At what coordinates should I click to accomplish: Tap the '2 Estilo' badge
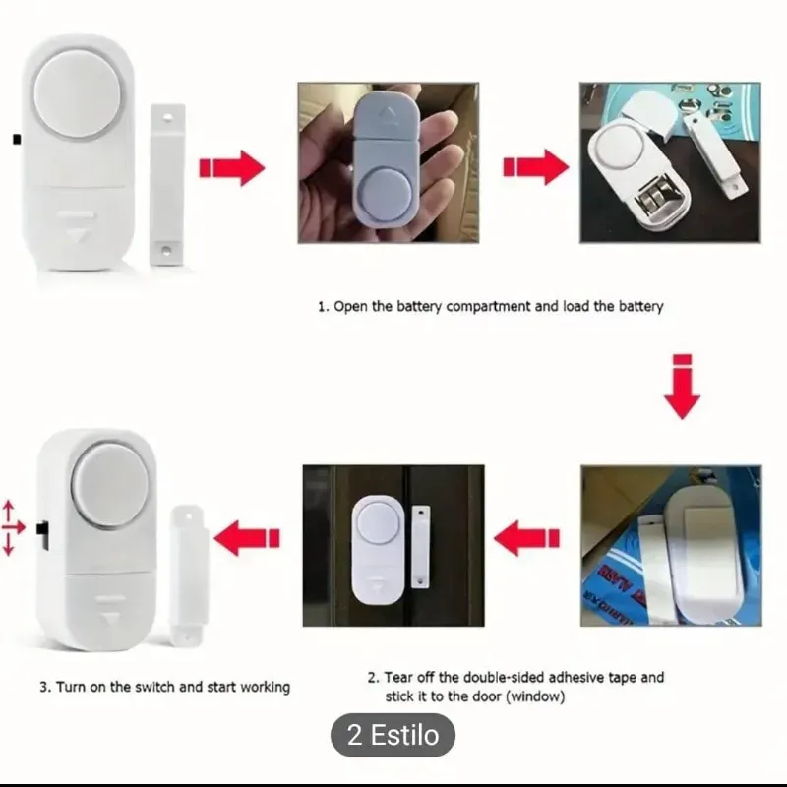tap(393, 736)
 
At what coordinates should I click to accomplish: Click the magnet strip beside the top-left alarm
tap(167, 183)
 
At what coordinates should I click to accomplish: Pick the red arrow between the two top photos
tap(535, 168)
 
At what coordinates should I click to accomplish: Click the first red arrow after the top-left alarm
tap(231, 168)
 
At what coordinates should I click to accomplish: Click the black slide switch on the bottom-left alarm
tap(42, 535)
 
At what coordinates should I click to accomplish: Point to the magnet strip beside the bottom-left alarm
tap(187, 575)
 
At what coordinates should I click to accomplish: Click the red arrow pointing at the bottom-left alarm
tap(247, 538)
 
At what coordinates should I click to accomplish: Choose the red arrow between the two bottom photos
tap(526, 538)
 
